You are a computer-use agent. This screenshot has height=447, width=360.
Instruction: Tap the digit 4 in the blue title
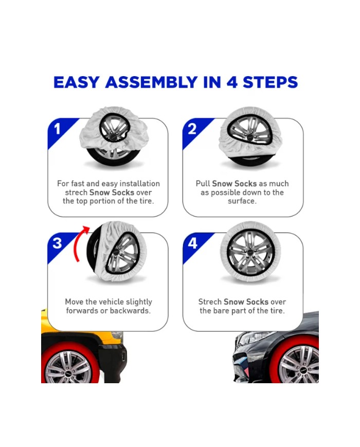click(232, 82)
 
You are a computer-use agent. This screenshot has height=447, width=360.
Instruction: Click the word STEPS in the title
click(270, 82)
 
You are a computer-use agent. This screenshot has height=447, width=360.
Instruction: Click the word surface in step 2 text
click(242, 201)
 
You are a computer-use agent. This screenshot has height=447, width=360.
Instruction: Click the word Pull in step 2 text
click(203, 184)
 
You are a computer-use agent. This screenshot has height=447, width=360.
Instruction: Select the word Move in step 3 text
click(74, 302)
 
